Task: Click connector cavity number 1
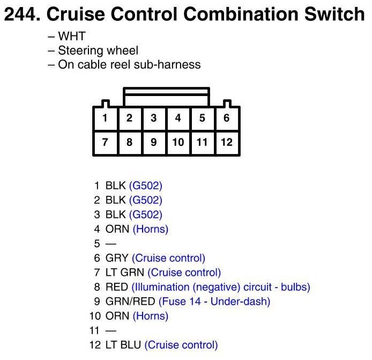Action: (x=106, y=119)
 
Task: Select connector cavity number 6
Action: (x=227, y=119)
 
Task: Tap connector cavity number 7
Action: (x=106, y=142)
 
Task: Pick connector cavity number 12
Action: (x=227, y=142)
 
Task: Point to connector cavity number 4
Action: (x=178, y=119)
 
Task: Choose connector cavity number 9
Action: (x=154, y=142)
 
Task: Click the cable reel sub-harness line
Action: (x=124, y=65)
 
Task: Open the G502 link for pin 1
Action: (x=145, y=186)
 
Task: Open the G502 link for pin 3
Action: (x=145, y=215)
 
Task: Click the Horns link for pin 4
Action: (x=150, y=229)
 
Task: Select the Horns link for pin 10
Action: (x=150, y=316)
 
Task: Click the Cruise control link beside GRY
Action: (x=168, y=258)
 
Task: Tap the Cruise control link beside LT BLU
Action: (x=181, y=345)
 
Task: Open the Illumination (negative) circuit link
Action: (x=220, y=287)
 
